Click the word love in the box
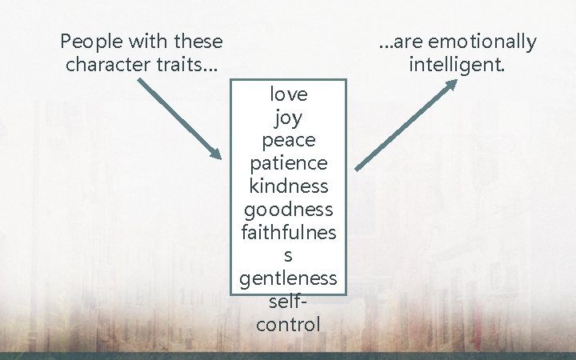pos(289,94)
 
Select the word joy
pos(289,118)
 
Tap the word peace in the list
pos(289,140)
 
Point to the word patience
pos(289,163)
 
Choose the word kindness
pos(289,186)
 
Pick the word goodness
pos(289,210)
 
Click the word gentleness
pos(289,279)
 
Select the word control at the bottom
pos(289,325)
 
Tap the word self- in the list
pos(289,302)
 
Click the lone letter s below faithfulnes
pos(289,256)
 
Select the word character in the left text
pos(109,63)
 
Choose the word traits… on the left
pos(186,63)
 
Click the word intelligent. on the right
pos(457,63)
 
